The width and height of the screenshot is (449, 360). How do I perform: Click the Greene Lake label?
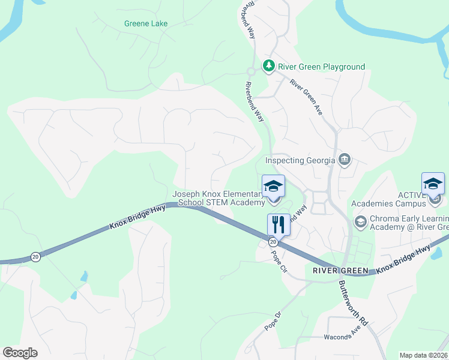[x=146, y=24]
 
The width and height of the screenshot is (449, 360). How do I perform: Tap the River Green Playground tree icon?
[x=268, y=66]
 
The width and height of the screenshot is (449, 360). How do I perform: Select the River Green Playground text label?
[x=321, y=67]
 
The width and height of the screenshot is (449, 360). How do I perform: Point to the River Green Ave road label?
[x=306, y=97]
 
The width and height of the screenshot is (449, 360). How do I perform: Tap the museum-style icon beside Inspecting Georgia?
[x=345, y=160]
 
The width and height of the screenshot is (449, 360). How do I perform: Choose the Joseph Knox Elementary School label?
[x=218, y=199]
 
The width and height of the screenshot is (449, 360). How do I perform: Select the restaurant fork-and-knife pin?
[x=279, y=226]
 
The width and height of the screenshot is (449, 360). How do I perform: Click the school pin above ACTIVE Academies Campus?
[x=433, y=184]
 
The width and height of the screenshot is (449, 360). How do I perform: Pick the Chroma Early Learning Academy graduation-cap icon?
[x=360, y=221]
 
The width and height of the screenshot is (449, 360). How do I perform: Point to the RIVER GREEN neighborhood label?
[x=340, y=271]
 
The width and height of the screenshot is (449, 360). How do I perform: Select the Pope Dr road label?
[x=273, y=321]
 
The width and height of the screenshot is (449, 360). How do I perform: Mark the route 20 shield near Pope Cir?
[x=273, y=241]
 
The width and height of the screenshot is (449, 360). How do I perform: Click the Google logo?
[x=20, y=353]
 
